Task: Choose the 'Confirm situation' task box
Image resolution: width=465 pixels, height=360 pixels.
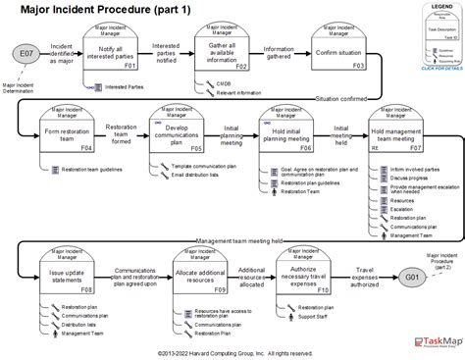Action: tap(339, 55)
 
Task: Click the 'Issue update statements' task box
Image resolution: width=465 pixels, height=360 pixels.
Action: tap(68, 279)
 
